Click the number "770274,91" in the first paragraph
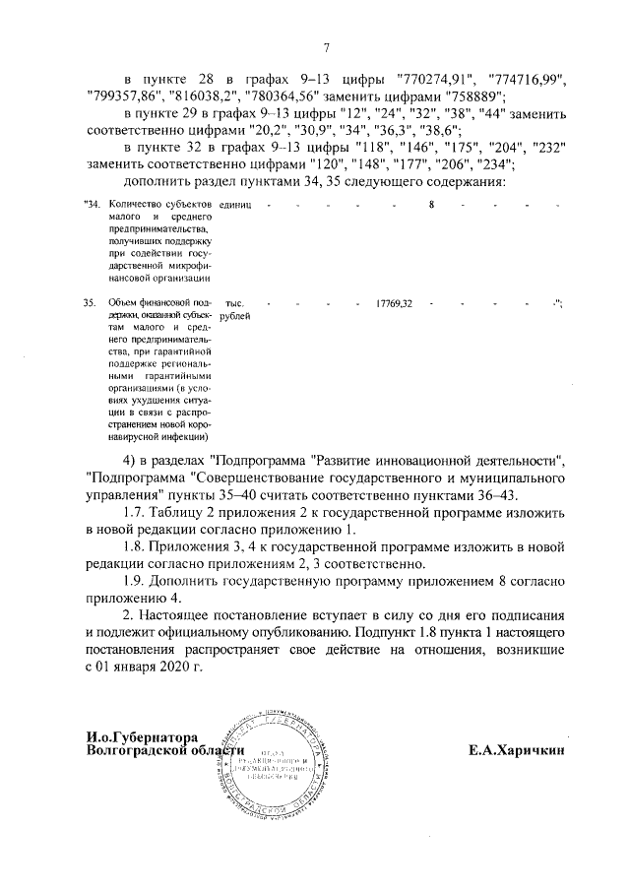pyautogui.click(x=429, y=78)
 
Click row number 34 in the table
pyautogui.click(x=92, y=204)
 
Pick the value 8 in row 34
pyautogui.click(x=431, y=204)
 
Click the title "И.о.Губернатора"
pyautogui.click(x=143, y=737)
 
